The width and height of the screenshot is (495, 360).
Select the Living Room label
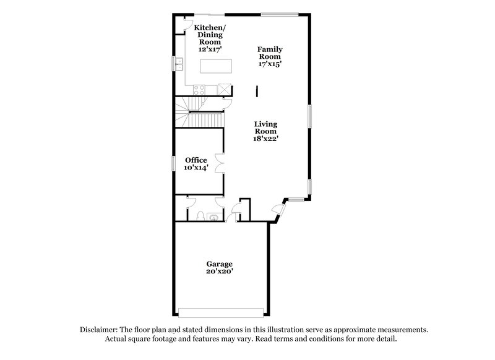coord(270,131)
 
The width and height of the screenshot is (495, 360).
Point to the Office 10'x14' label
coord(196,163)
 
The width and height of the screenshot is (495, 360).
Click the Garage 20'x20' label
coord(220,267)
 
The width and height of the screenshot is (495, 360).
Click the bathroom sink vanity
coord(213,216)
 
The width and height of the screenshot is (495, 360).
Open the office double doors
coord(218,163)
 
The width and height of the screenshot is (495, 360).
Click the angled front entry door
coord(280,210)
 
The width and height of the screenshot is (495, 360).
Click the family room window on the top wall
coord(280,14)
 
